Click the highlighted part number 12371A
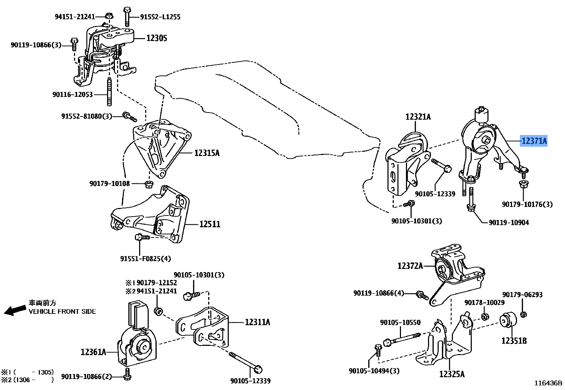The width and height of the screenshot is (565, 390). point(534,141)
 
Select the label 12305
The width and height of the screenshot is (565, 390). point(157,38)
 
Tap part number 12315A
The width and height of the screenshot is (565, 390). point(207,153)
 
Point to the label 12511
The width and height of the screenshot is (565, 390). point(210,224)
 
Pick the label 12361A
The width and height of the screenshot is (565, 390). point(93,352)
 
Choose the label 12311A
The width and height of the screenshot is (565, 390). point(257,322)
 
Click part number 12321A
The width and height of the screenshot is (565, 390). point(418,117)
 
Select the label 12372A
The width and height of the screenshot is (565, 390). point(410,266)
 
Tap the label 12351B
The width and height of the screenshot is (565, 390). point(514,341)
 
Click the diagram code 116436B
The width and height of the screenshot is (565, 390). point(548,383)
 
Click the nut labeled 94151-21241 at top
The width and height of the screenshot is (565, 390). point(110,16)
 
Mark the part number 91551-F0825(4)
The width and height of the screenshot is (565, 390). point(145,259)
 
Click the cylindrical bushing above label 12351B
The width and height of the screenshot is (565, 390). point(508,319)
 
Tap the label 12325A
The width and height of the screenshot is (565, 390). point(452,374)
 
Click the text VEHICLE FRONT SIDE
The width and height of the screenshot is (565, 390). point(62,312)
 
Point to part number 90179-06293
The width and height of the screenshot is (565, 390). point(522,295)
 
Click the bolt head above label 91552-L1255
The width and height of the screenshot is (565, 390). point(127,10)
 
